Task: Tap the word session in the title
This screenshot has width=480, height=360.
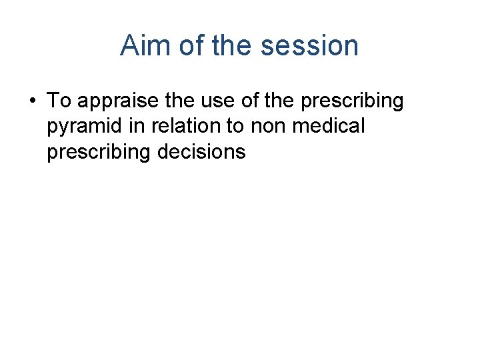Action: (x=310, y=46)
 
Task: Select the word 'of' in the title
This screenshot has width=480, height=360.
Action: (x=191, y=46)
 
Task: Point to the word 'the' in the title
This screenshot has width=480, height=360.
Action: (x=231, y=46)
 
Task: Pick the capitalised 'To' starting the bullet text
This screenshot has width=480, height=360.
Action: (x=59, y=101)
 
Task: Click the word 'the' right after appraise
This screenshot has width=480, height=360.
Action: (x=175, y=101)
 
